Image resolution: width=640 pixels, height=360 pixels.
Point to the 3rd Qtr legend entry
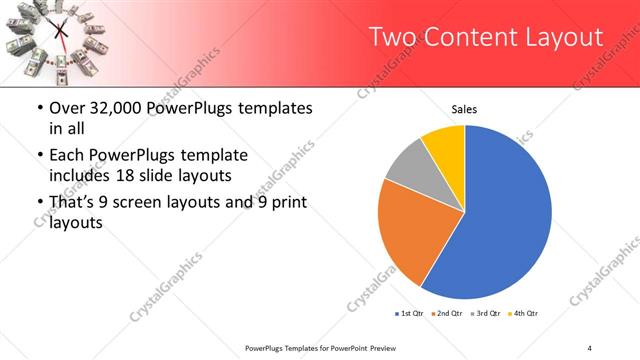click(x=487, y=314)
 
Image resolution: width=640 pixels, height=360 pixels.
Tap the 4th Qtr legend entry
click(x=525, y=314)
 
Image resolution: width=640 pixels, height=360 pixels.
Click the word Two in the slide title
click(x=391, y=37)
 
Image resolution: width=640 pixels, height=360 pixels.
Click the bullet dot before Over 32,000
click(x=39, y=108)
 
